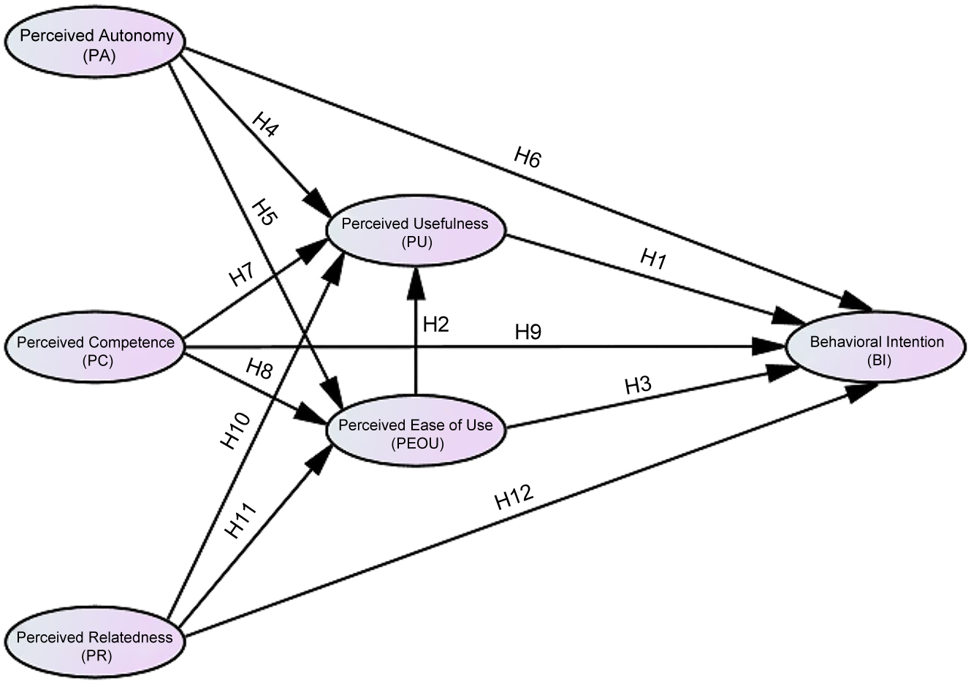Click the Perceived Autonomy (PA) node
click(x=96, y=45)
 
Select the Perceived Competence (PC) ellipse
click(x=96, y=350)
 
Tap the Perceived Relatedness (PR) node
click(x=95, y=645)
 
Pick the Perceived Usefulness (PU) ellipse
click(x=415, y=232)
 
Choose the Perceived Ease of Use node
click(x=416, y=433)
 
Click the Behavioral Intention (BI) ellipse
click(x=876, y=349)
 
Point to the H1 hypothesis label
click(x=653, y=259)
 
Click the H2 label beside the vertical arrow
click(x=435, y=324)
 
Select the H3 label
click(x=637, y=386)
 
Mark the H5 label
click(x=263, y=214)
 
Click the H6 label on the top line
click(x=528, y=157)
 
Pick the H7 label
click(x=241, y=276)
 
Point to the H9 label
click(x=528, y=332)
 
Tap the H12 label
click(x=514, y=499)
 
